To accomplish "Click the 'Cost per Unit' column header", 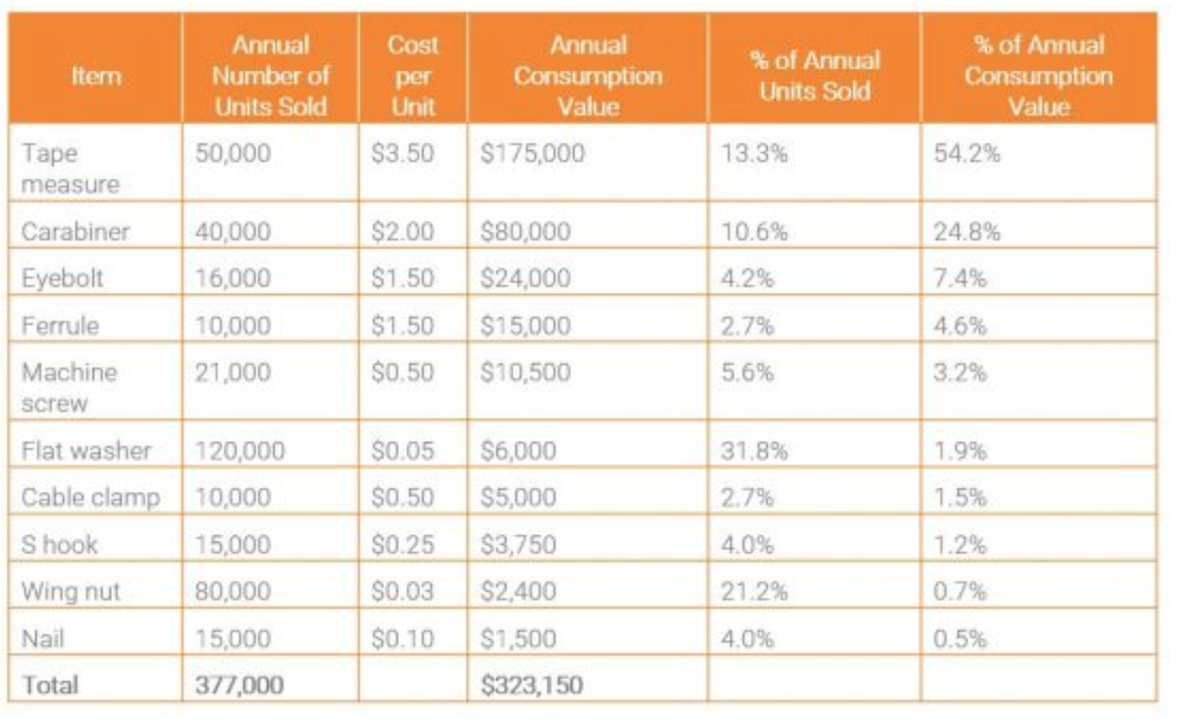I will click(x=412, y=76).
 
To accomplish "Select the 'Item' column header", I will click(x=95, y=76).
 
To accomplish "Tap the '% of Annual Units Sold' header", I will click(x=814, y=76).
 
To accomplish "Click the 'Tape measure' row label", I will click(x=70, y=168).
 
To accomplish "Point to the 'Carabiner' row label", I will click(x=75, y=231).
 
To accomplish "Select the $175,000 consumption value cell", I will click(x=532, y=154).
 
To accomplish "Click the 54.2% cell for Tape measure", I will click(x=967, y=154).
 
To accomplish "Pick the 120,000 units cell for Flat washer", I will click(x=241, y=450).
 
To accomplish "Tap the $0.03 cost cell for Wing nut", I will click(x=402, y=591).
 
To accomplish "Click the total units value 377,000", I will click(x=240, y=685).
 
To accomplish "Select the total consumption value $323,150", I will click(x=531, y=685).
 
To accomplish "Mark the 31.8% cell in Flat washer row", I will click(x=754, y=450).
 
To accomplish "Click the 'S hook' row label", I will click(x=60, y=544).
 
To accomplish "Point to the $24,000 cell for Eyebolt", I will click(x=525, y=278).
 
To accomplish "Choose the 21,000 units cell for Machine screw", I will click(x=233, y=372).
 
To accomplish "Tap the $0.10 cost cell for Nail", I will click(x=402, y=637).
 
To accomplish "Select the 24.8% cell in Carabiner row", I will click(x=967, y=231).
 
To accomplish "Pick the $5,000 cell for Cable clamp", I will click(x=519, y=497).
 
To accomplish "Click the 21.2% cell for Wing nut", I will click(x=754, y=591).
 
